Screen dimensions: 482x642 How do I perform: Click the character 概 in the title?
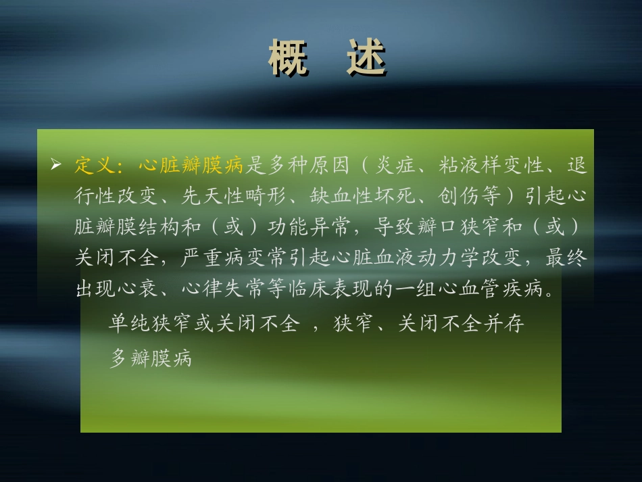tap(288, 59)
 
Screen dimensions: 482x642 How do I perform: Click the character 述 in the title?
tap(365, 59)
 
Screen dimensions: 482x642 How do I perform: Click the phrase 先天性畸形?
tap(227, 196)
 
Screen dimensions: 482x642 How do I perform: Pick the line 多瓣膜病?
tap(151, 358)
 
